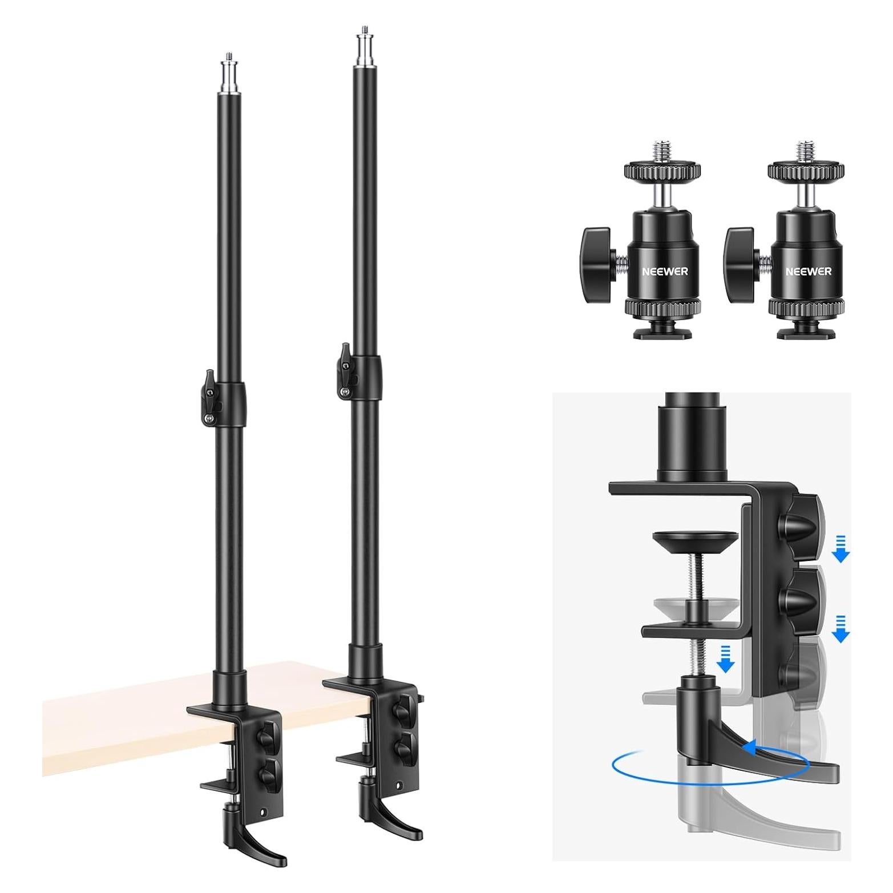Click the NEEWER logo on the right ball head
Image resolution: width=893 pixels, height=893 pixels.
809,272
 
